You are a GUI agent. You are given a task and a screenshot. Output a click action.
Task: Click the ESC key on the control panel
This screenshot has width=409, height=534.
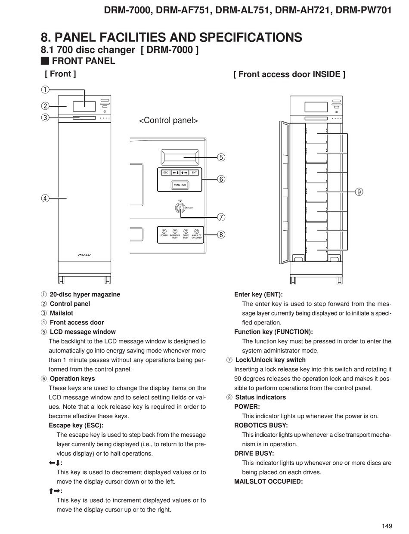pos(166,173)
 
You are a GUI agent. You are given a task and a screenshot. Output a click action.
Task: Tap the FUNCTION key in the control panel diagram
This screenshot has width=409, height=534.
pos(180,185)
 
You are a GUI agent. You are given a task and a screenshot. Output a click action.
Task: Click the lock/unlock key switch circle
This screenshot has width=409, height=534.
pos(180,208)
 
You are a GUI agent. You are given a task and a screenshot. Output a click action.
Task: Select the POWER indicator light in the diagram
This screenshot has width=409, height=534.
pos(164,231)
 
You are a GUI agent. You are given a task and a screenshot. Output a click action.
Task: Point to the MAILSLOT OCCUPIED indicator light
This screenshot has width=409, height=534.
pos(197,231)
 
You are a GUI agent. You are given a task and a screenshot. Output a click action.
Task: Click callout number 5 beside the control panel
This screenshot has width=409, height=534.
pos(221,157)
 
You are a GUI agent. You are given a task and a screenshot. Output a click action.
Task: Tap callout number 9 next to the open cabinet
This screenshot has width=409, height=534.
pos(359,191)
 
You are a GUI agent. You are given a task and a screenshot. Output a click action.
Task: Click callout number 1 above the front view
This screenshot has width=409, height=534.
pos(45,90)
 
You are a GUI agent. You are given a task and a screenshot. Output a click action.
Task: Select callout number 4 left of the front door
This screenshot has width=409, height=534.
pos(45,198)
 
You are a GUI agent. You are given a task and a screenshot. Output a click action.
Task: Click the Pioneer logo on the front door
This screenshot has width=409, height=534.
pos(84,255)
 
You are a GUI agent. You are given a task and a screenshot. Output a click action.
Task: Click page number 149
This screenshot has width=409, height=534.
pos(387,526)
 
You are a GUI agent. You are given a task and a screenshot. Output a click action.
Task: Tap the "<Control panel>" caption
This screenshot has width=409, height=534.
pos(168,120)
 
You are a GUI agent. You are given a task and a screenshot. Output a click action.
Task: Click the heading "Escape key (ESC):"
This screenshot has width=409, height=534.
pos(76,426)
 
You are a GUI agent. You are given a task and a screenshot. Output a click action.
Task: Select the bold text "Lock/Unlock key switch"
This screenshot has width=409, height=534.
pos(270,360)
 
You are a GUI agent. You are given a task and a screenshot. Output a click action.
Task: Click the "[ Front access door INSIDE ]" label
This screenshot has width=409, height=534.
pos(289,74)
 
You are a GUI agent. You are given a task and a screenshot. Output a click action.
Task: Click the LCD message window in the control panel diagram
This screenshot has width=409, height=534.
pos(180,157)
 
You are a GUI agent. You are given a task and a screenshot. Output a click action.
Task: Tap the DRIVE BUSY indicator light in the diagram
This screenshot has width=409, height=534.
pos(186,231)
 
